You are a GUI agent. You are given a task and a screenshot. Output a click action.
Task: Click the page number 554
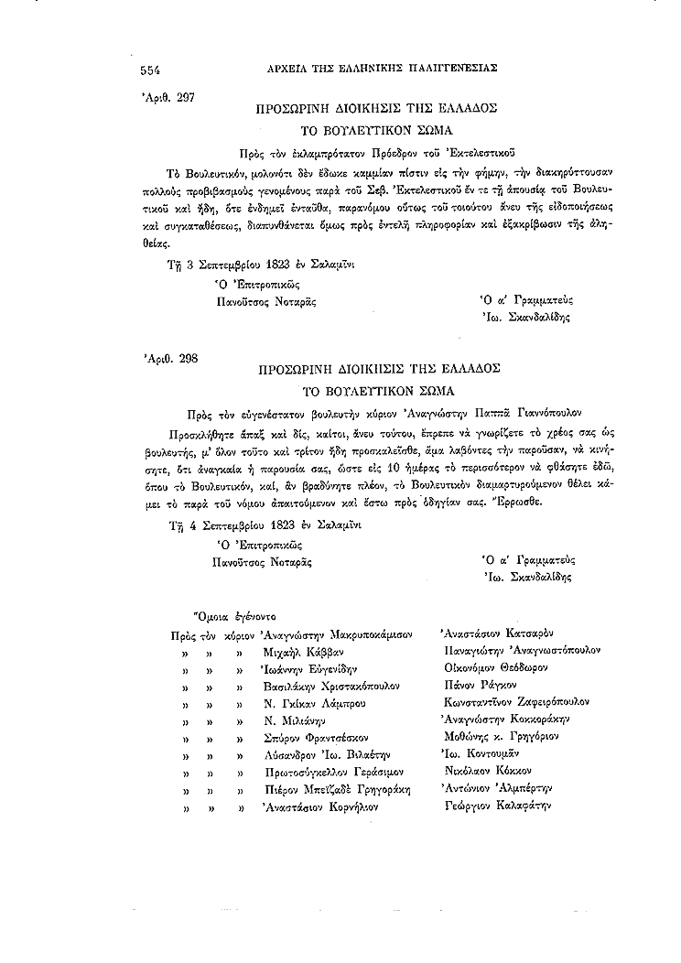151,69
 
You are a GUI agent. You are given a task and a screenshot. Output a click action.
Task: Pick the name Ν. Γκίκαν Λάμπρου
314,702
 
